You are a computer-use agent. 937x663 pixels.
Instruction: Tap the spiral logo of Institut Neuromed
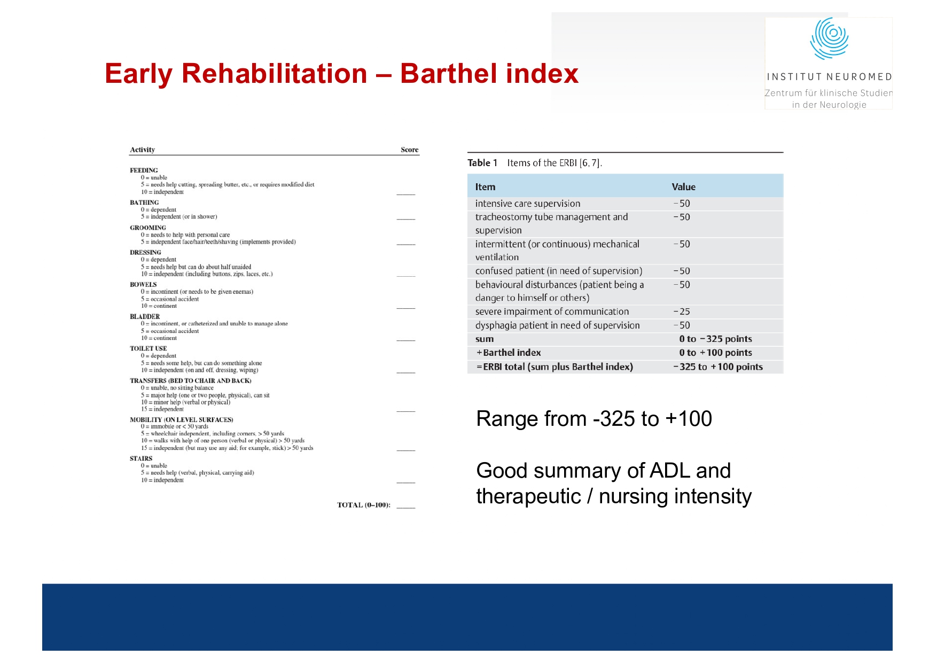(x=829, y=38)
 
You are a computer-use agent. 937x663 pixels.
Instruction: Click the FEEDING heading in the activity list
(x=144, y=170)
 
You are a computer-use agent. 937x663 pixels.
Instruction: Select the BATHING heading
(x=144, y=202)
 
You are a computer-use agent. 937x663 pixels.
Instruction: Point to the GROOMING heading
(x=148, y=228)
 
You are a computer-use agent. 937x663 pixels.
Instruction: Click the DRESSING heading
(x=145, y=252)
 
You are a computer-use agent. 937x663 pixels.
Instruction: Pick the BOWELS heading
(x=143, y=284)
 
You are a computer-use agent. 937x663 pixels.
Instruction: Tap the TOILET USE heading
(x=148, y=348)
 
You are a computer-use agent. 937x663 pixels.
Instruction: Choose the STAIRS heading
(x=141, y=458)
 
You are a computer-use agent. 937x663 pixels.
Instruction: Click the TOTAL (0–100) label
(x=363, y=505)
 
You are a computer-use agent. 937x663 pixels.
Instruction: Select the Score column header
(x=409, y=150)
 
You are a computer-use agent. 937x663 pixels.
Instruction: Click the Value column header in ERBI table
(x=683, y=187)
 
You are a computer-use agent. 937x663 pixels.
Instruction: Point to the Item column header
(x=485, y=187)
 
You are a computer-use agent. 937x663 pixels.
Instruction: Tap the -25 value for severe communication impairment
(x=682, y=311)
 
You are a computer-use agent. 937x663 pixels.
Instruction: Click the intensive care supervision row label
(x=527, y=204)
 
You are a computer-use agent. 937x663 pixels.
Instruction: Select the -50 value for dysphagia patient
(x=682, y=325)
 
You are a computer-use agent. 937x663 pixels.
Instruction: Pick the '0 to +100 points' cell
(x=715, y=353)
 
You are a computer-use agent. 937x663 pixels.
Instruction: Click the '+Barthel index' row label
(x=509, y=353)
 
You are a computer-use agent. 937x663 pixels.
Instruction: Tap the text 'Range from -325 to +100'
(x=594, y=419)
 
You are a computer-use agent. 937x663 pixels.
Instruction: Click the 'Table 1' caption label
(x=482, y=163)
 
